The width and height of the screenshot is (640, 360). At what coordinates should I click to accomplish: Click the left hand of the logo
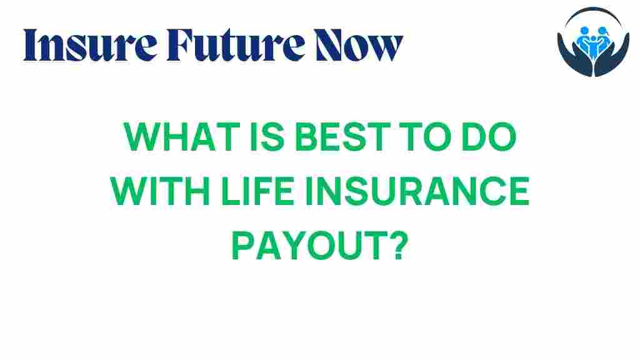tap(570, 63)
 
